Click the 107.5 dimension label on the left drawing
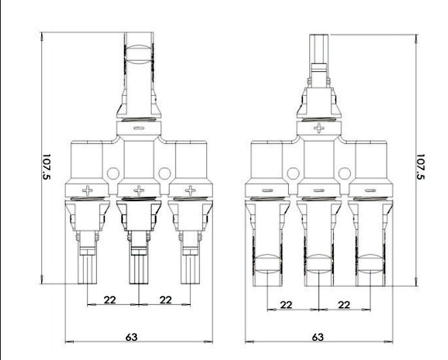[46, 167]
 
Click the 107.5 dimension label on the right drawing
[420, 167]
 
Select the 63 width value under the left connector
[131, 337]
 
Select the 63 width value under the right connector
[317, 337]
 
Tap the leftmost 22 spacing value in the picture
[110, 300]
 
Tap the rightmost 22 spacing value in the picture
[344, 305]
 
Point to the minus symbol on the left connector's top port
[139, 128]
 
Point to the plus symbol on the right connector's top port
[319, 128]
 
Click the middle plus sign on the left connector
[139, 190]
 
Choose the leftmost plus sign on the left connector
[88, 190]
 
